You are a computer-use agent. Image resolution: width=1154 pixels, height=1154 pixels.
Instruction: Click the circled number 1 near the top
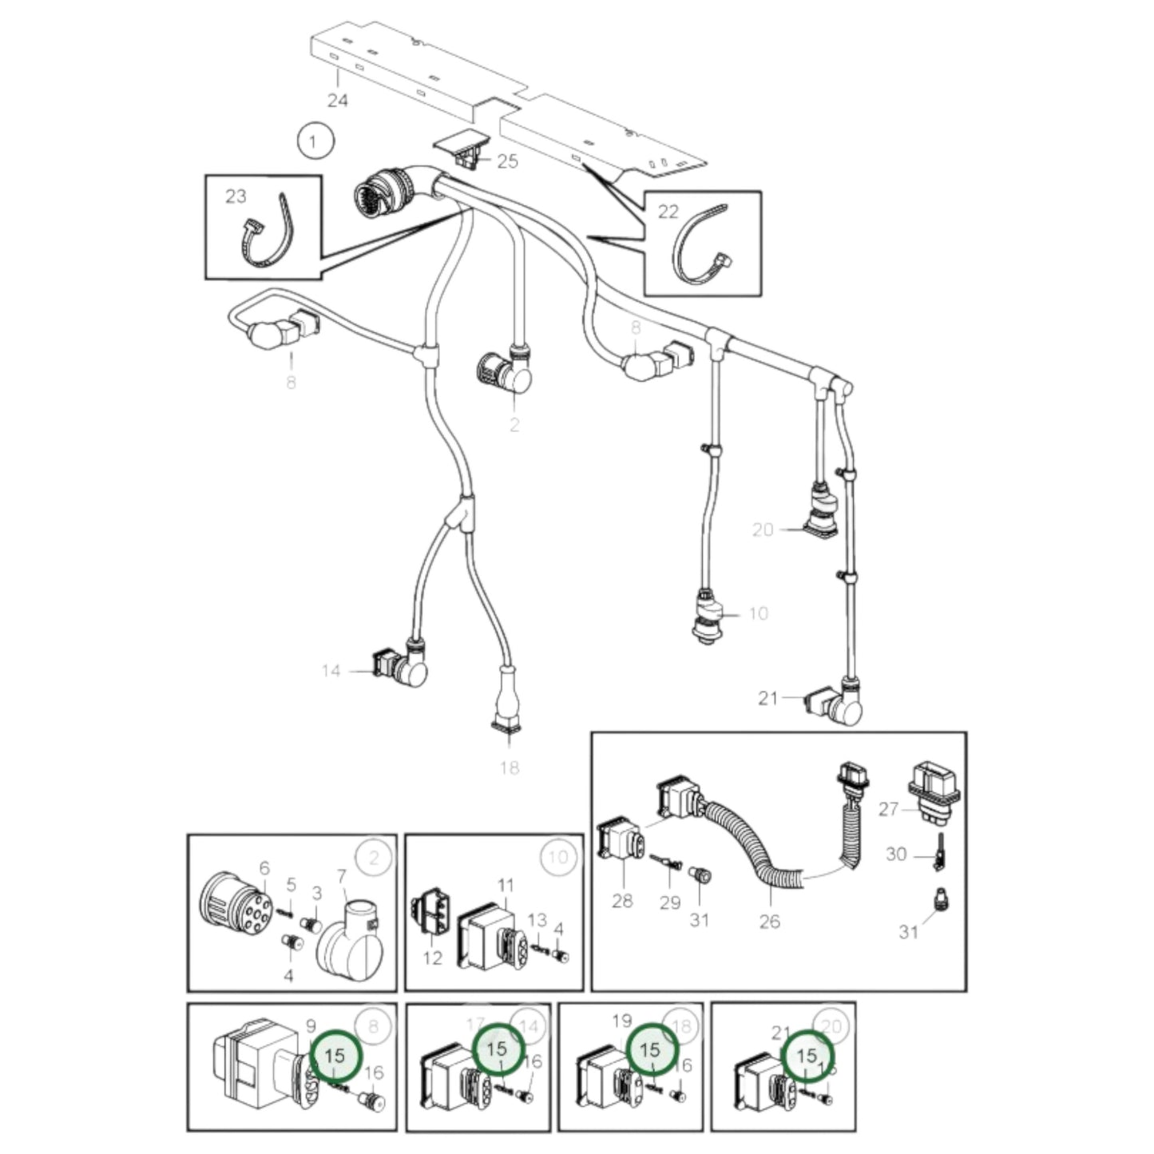coord(313,143)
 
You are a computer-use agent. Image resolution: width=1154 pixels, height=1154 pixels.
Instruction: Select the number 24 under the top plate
coord(338,101)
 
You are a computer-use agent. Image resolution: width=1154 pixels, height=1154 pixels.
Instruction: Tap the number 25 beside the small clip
coord(507,161)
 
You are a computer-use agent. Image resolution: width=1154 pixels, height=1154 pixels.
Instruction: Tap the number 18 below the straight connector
coord(509,768)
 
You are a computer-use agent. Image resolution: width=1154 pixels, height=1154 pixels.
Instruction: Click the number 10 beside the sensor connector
coord(758,613)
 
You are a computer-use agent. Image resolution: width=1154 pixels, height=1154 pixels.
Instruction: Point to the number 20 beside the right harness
coord(763,529)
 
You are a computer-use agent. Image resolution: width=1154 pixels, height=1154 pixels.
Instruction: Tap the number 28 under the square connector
coord(622,901)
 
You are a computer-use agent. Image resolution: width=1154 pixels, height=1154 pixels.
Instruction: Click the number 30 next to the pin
coord(896,855)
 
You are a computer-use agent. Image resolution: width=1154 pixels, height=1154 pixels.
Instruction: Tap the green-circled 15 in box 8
coord(335,1056)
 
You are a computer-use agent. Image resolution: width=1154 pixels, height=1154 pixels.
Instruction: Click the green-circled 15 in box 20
coord(807,1056)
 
